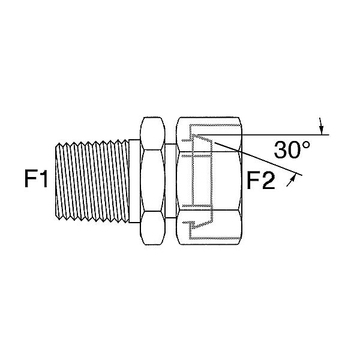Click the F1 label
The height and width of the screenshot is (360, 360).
pyautogui.click(x=36, y=179)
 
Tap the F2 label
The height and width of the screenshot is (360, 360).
pyautogui.click(x=260, y=181)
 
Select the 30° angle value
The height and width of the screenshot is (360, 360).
pyautogui.click(x=292, y=149)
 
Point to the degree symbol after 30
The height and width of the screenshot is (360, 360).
pyautogui.click(x=307, y=145)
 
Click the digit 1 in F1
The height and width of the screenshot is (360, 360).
pyautogui.click(x=43, y=179)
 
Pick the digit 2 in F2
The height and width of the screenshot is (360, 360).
pyautogui.click(x=269, y=181)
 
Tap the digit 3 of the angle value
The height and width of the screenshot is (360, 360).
pyautogui.click(x=280, y=150)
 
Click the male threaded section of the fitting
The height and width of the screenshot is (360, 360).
pyautogui.click(x=92, y=181)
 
